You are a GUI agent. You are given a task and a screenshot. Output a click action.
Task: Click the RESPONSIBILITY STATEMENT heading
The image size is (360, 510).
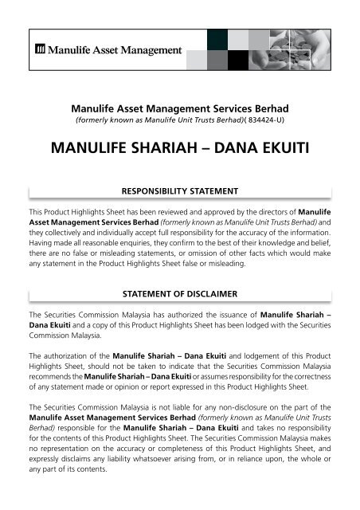[179, 192]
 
